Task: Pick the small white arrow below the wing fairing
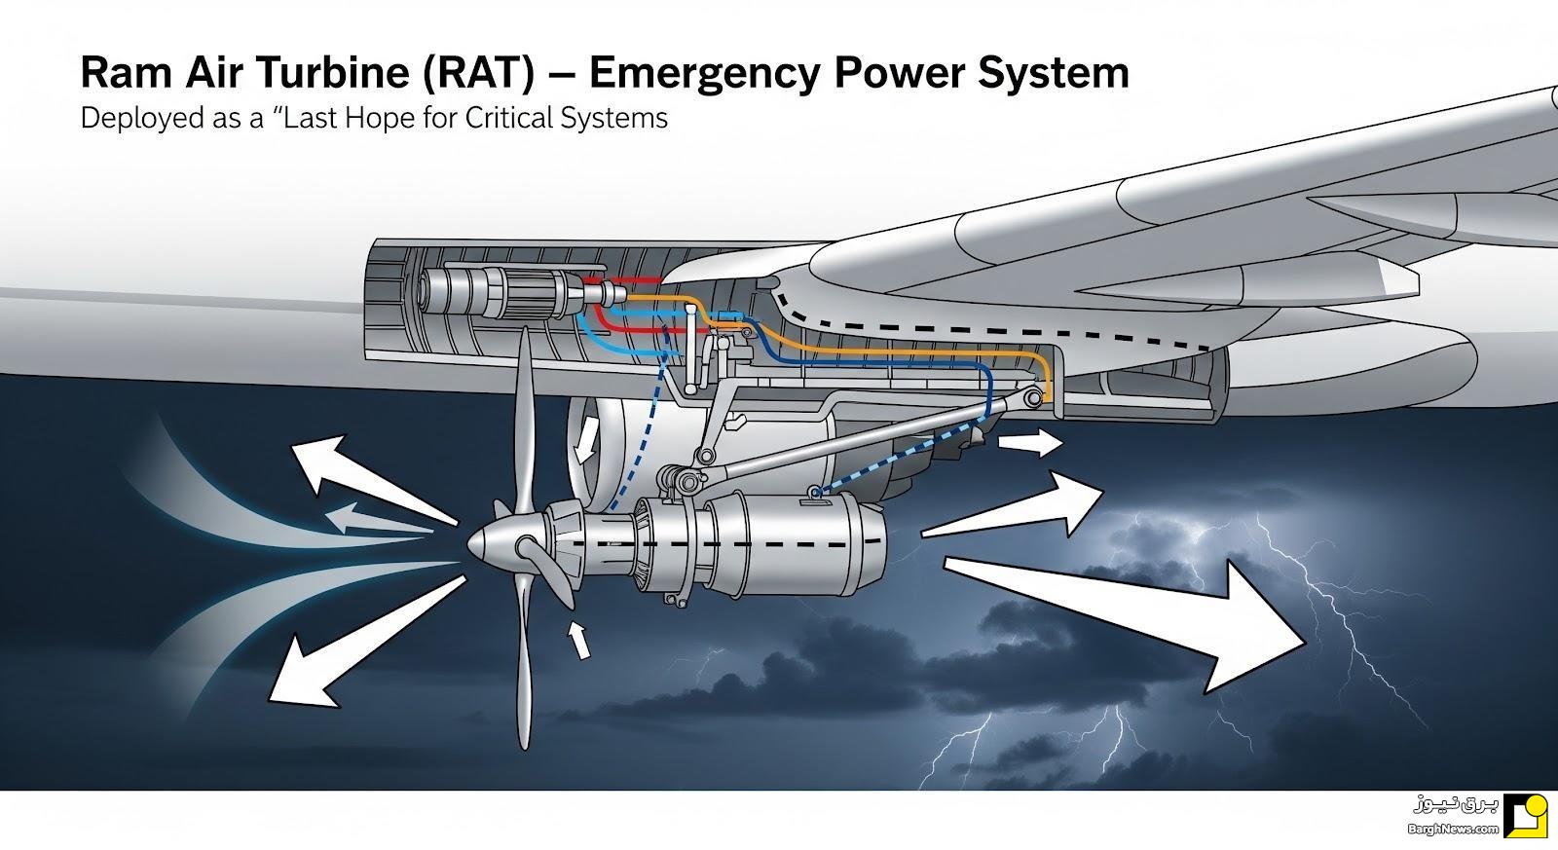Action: pyautogui.click(x=1030, y=442)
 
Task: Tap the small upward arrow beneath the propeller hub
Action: pyautogui.click(x=578, y=640)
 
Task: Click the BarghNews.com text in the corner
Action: pyautogui.click(x=1452, y=830)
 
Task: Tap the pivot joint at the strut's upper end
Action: pyautogui.click(x=1033, y=398)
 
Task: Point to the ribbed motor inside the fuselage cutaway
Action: pyautogui.click(x=487, y=293)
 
